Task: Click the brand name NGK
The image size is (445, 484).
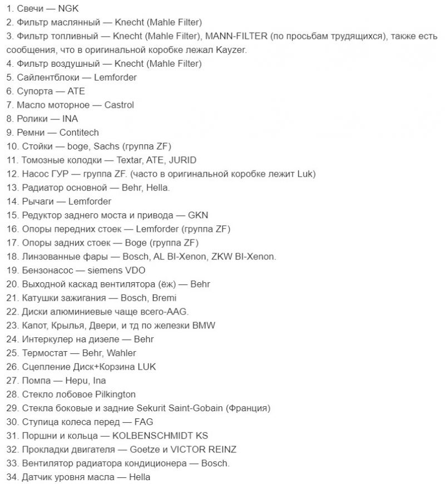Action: tap(69, 9)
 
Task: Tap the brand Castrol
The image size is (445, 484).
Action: tap(119, 104)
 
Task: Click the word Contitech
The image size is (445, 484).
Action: tap(79, 132)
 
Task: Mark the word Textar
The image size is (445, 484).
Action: tap(130, 160)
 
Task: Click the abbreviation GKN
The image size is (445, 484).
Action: tap(198, 215)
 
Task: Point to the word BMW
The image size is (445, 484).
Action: tap(204, 326)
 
